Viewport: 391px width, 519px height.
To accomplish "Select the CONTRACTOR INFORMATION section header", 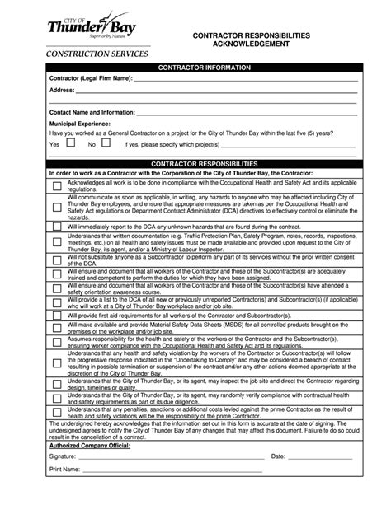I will [202, 68].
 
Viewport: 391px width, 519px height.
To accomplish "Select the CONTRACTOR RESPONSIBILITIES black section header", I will [203, 164].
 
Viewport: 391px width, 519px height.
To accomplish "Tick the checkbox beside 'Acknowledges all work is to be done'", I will [56, 186].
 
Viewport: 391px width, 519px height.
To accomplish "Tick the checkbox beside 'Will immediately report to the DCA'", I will [56, 226].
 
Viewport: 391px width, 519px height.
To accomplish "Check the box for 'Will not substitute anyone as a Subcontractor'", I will [56, 260].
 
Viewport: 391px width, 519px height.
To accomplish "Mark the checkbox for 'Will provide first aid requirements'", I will [56, 315].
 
